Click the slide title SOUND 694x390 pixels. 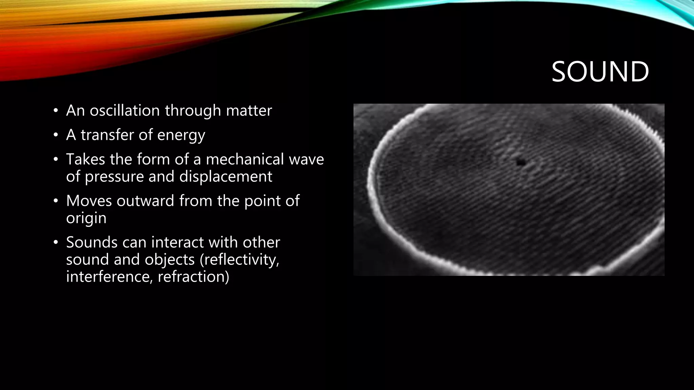tap(600, 72)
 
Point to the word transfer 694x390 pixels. tap(108, 135)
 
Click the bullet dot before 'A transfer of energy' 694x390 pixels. tap(56, 135)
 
